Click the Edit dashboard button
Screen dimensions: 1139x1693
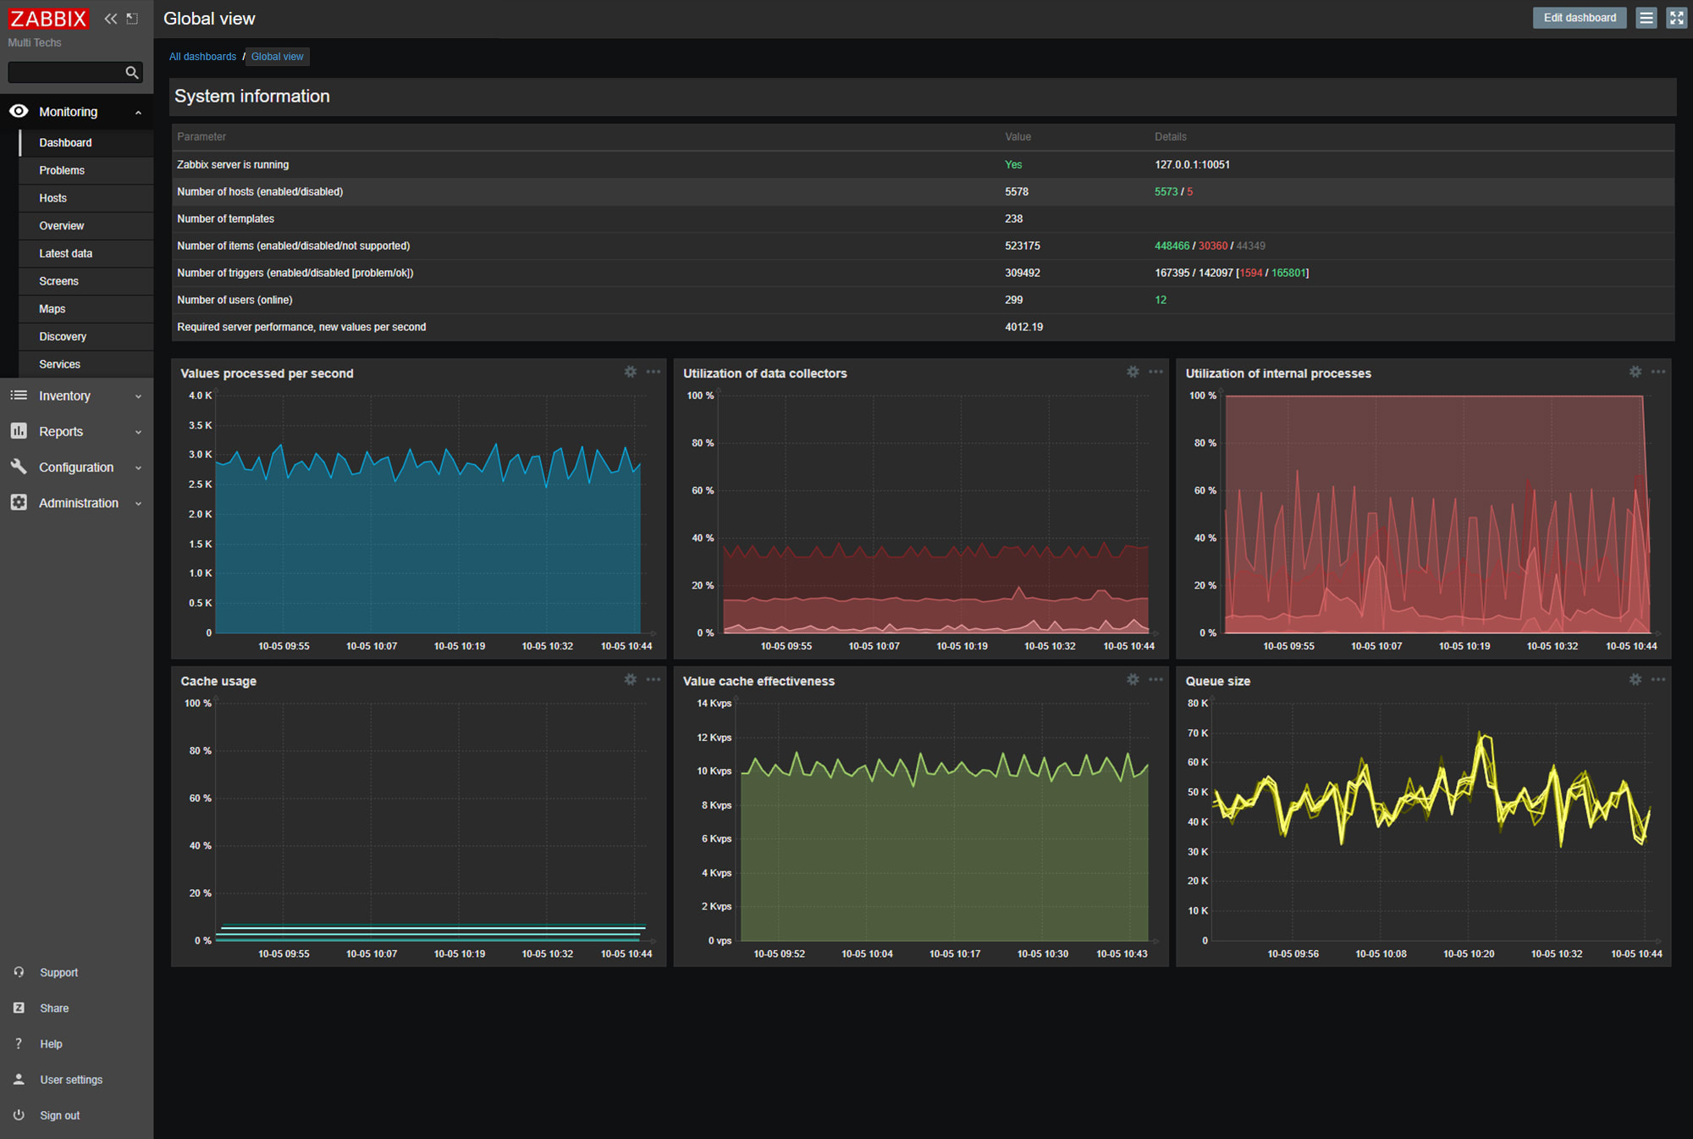1579,18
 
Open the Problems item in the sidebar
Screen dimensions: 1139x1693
62,170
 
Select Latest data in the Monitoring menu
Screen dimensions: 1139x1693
65,253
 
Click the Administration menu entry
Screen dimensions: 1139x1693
78,503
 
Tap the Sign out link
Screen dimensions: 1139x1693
59,1115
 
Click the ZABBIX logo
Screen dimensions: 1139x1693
48,19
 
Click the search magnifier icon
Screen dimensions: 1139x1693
132,73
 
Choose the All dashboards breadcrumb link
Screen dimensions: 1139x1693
202,57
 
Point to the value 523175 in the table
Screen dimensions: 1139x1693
1023,246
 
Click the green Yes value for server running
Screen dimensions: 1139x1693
1013,164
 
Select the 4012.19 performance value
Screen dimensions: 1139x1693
1023,327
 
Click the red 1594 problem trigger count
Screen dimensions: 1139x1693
1250,273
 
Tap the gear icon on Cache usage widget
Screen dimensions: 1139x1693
631,679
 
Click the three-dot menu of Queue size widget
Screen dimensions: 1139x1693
1657,679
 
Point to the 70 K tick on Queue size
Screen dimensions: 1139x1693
1197,733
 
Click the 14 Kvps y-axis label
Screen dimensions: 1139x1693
714,704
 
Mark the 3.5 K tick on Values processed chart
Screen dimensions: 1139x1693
200,425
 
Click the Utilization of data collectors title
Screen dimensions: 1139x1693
764,373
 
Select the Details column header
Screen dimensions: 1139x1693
1170,136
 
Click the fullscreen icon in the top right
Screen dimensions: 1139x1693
1676,18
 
